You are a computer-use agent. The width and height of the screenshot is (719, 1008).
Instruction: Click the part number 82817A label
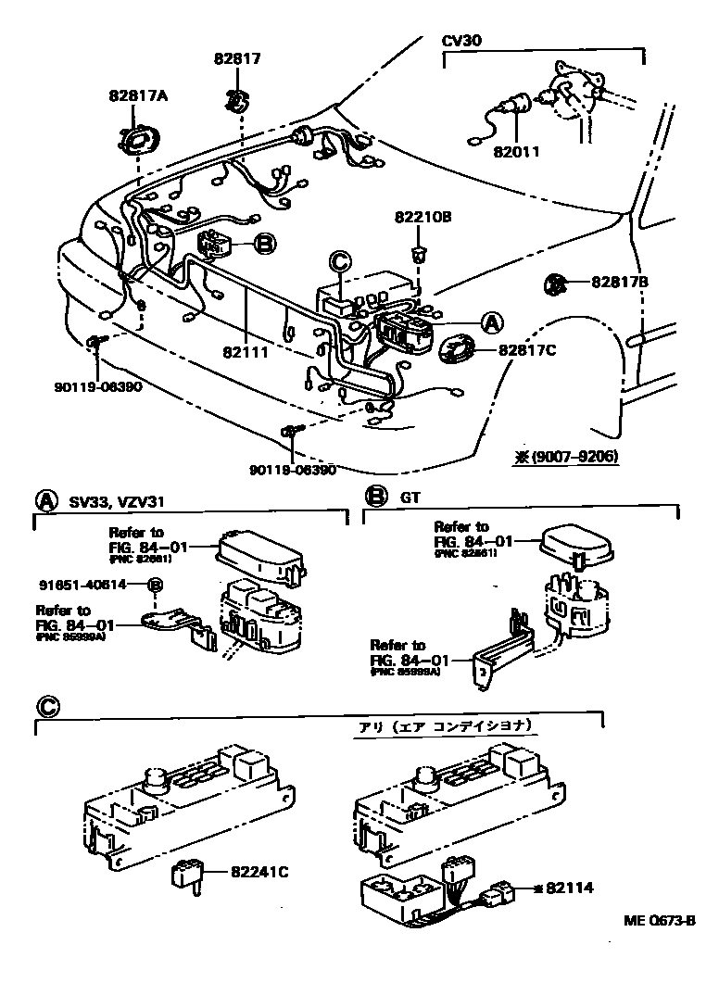pos(137,94)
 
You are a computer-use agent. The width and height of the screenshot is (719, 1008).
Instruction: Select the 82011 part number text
pos(516,151)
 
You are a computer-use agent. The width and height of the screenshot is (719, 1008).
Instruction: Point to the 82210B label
pos(422,218)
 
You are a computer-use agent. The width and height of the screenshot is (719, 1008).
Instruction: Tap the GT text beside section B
pos(410,498)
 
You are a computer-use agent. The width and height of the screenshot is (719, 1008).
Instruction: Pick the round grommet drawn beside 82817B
pos(555,283)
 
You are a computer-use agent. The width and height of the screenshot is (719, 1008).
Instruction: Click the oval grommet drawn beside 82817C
pos(458,349)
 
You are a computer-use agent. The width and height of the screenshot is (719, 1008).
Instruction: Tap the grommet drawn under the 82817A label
pos(139,140)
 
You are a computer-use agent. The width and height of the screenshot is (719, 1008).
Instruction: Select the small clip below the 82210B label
pos(419,252)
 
